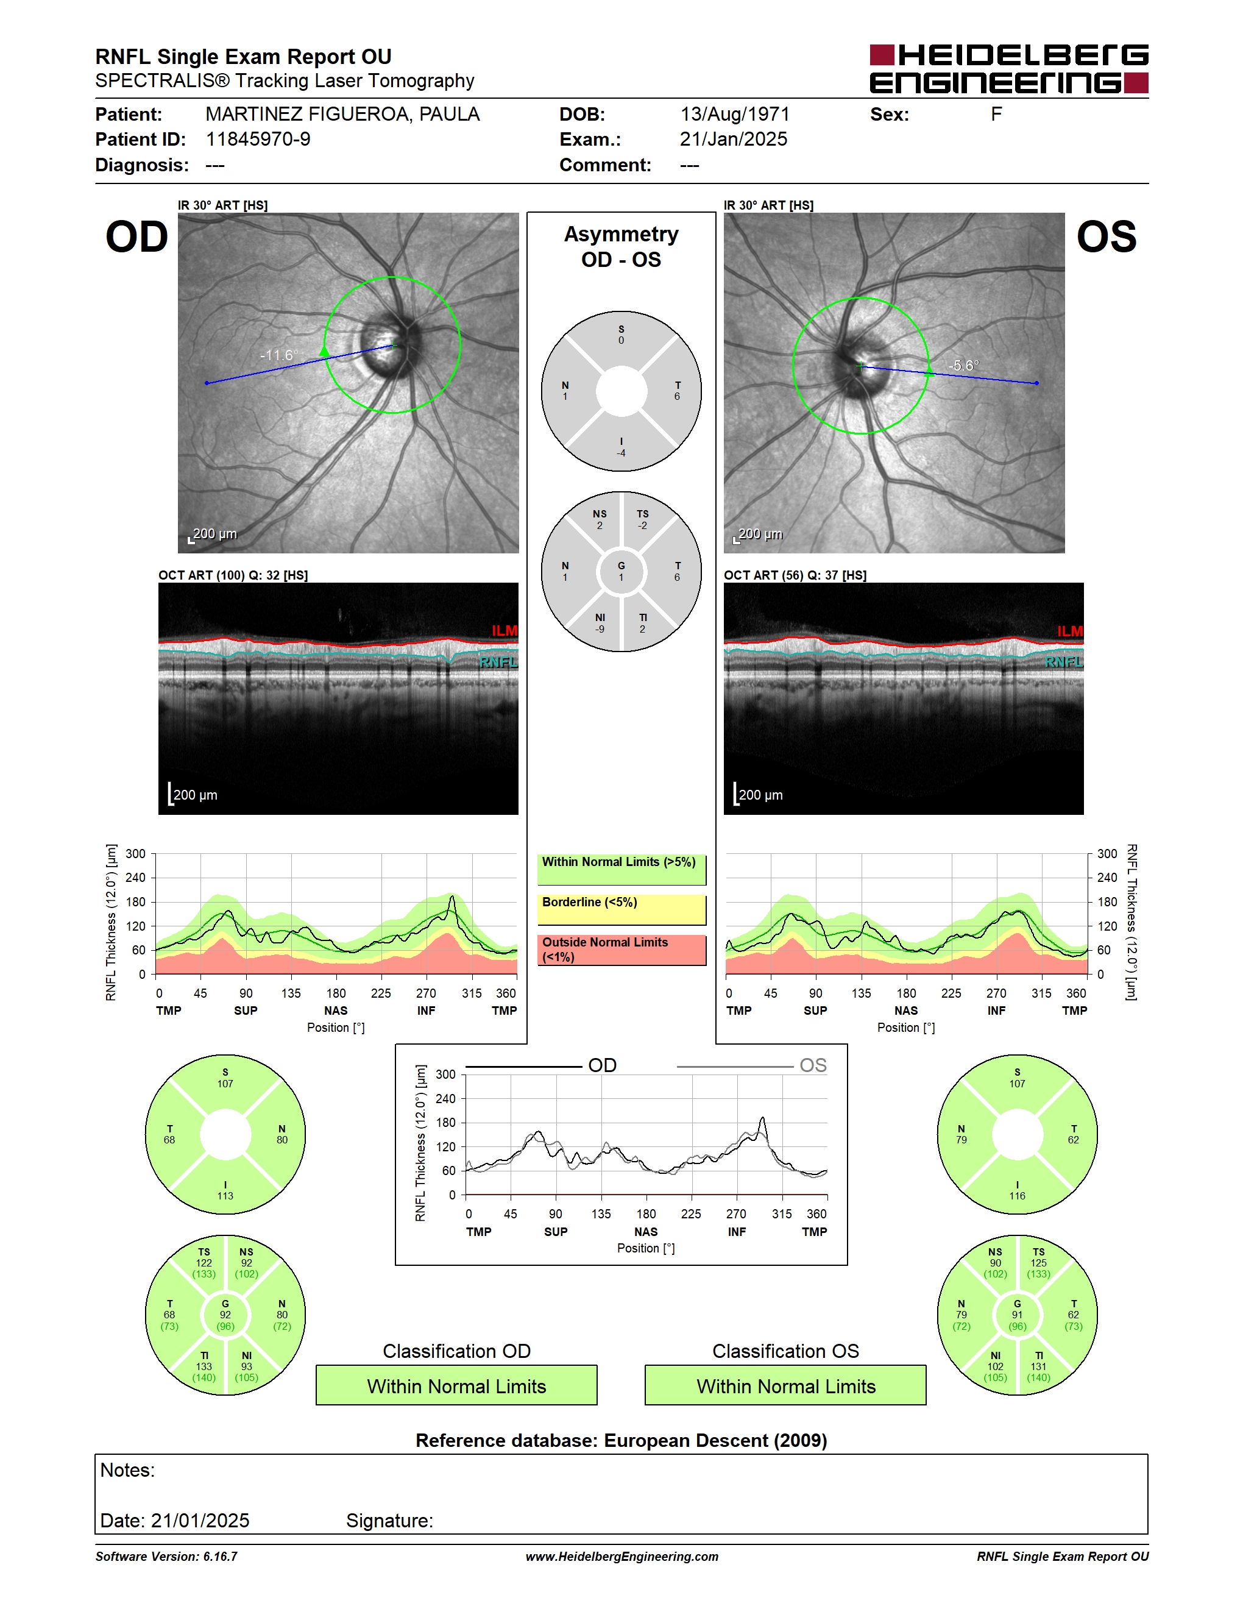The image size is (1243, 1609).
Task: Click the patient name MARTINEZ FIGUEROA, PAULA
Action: [342, 114]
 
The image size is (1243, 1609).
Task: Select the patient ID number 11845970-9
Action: [258, 139]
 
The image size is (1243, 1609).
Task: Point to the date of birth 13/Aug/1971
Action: [735, 114]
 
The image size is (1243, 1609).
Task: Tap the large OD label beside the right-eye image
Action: [137, 237]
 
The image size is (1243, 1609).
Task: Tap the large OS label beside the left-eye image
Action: [1106, 237]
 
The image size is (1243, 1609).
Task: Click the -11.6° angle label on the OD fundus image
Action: [279, 355]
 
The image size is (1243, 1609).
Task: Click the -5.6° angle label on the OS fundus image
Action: [964, 366]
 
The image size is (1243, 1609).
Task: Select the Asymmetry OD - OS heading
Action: [621, 247]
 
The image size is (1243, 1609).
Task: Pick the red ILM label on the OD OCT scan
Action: [505, 631]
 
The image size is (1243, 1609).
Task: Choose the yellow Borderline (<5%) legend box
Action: [621, 910]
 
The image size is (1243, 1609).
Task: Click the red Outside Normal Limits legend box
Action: [621, 950]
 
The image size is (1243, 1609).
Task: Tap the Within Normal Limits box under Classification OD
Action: [456, 1385]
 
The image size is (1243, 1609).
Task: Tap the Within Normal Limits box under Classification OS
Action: [786, 1385]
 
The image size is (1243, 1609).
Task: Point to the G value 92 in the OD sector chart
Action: [225, 1314]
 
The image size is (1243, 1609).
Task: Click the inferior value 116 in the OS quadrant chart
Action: [1017, 1196]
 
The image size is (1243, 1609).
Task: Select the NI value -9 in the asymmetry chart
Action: [600, 629]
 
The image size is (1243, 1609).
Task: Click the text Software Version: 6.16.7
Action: [166, 1557]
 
